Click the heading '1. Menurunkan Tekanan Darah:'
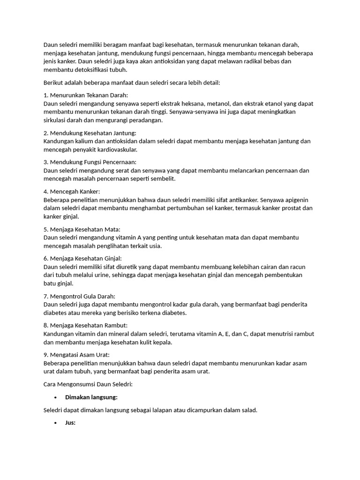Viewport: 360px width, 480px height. pos(85,95)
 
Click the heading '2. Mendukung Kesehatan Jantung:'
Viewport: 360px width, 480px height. pos(90,133)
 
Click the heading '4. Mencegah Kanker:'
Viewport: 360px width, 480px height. pos(71,191)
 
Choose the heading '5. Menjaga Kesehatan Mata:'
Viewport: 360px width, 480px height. pos(82,229)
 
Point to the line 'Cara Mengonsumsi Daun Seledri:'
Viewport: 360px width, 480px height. pos(88,384)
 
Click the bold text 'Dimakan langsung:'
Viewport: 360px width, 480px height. pos(91,397)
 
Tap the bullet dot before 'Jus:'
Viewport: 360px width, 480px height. pos(56,423)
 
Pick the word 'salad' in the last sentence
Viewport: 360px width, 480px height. pos(248,410)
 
